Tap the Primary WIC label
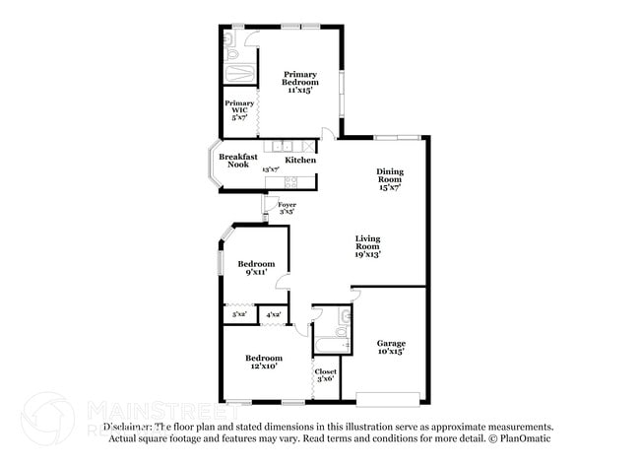(239, 109)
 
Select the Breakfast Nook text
(238, 161)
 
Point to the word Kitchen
(300, 160)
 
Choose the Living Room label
(368, 245)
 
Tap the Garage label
(391, 347)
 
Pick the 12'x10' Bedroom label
(264, 361)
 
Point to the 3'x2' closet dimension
(238, 314)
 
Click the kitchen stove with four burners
(291, 181)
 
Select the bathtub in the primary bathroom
(239, 75)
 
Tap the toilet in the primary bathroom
(228, 39)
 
